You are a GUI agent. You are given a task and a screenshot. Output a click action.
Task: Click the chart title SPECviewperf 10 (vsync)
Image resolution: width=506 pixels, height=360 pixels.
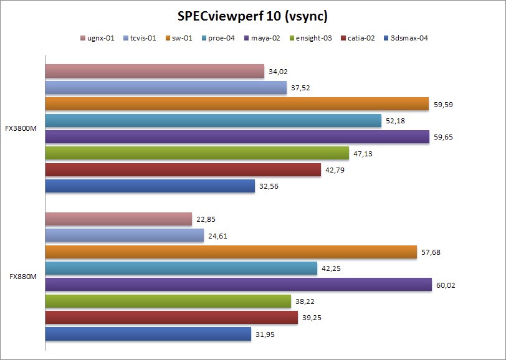[x=253, y=14]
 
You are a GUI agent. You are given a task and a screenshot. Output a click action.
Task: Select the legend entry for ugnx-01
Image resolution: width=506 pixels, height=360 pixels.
[x=101, y=37]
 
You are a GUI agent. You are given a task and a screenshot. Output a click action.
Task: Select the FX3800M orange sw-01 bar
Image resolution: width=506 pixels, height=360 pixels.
[x=237, y=104]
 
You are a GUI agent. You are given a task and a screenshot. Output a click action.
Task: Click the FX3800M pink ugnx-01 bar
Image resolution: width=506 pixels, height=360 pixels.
[x=155, y=72]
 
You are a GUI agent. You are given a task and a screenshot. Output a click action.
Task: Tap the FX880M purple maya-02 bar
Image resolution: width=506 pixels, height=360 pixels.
[x=239, y=285]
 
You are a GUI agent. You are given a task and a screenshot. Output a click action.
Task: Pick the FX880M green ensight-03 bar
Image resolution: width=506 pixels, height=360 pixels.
[x=168, y=301]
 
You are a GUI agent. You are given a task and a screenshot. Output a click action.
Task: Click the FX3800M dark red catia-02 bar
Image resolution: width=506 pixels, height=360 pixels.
[x=183, y=169]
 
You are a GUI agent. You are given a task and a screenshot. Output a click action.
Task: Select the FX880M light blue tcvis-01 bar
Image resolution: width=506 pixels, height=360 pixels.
[x=125, y=235]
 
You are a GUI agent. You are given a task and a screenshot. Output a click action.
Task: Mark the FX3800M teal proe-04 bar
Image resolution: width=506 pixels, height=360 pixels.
[x=213, y=121]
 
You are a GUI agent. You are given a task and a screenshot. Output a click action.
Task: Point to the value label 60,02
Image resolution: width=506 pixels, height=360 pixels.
[x=448, y=285]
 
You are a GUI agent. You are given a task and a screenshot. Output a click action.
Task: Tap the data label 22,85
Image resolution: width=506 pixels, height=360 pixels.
[x=208, y=219]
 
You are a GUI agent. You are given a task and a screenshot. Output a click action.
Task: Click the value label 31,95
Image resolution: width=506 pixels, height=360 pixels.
[x=267, y=334]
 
